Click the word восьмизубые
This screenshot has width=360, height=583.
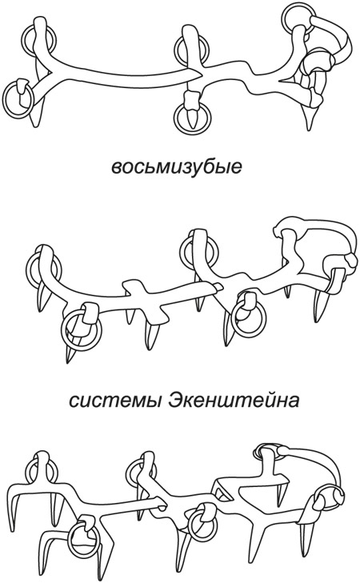click(x=177, y=166)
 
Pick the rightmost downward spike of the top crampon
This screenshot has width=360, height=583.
click(x=310, y=117)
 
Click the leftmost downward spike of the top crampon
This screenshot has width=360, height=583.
click(x=34, y=116)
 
